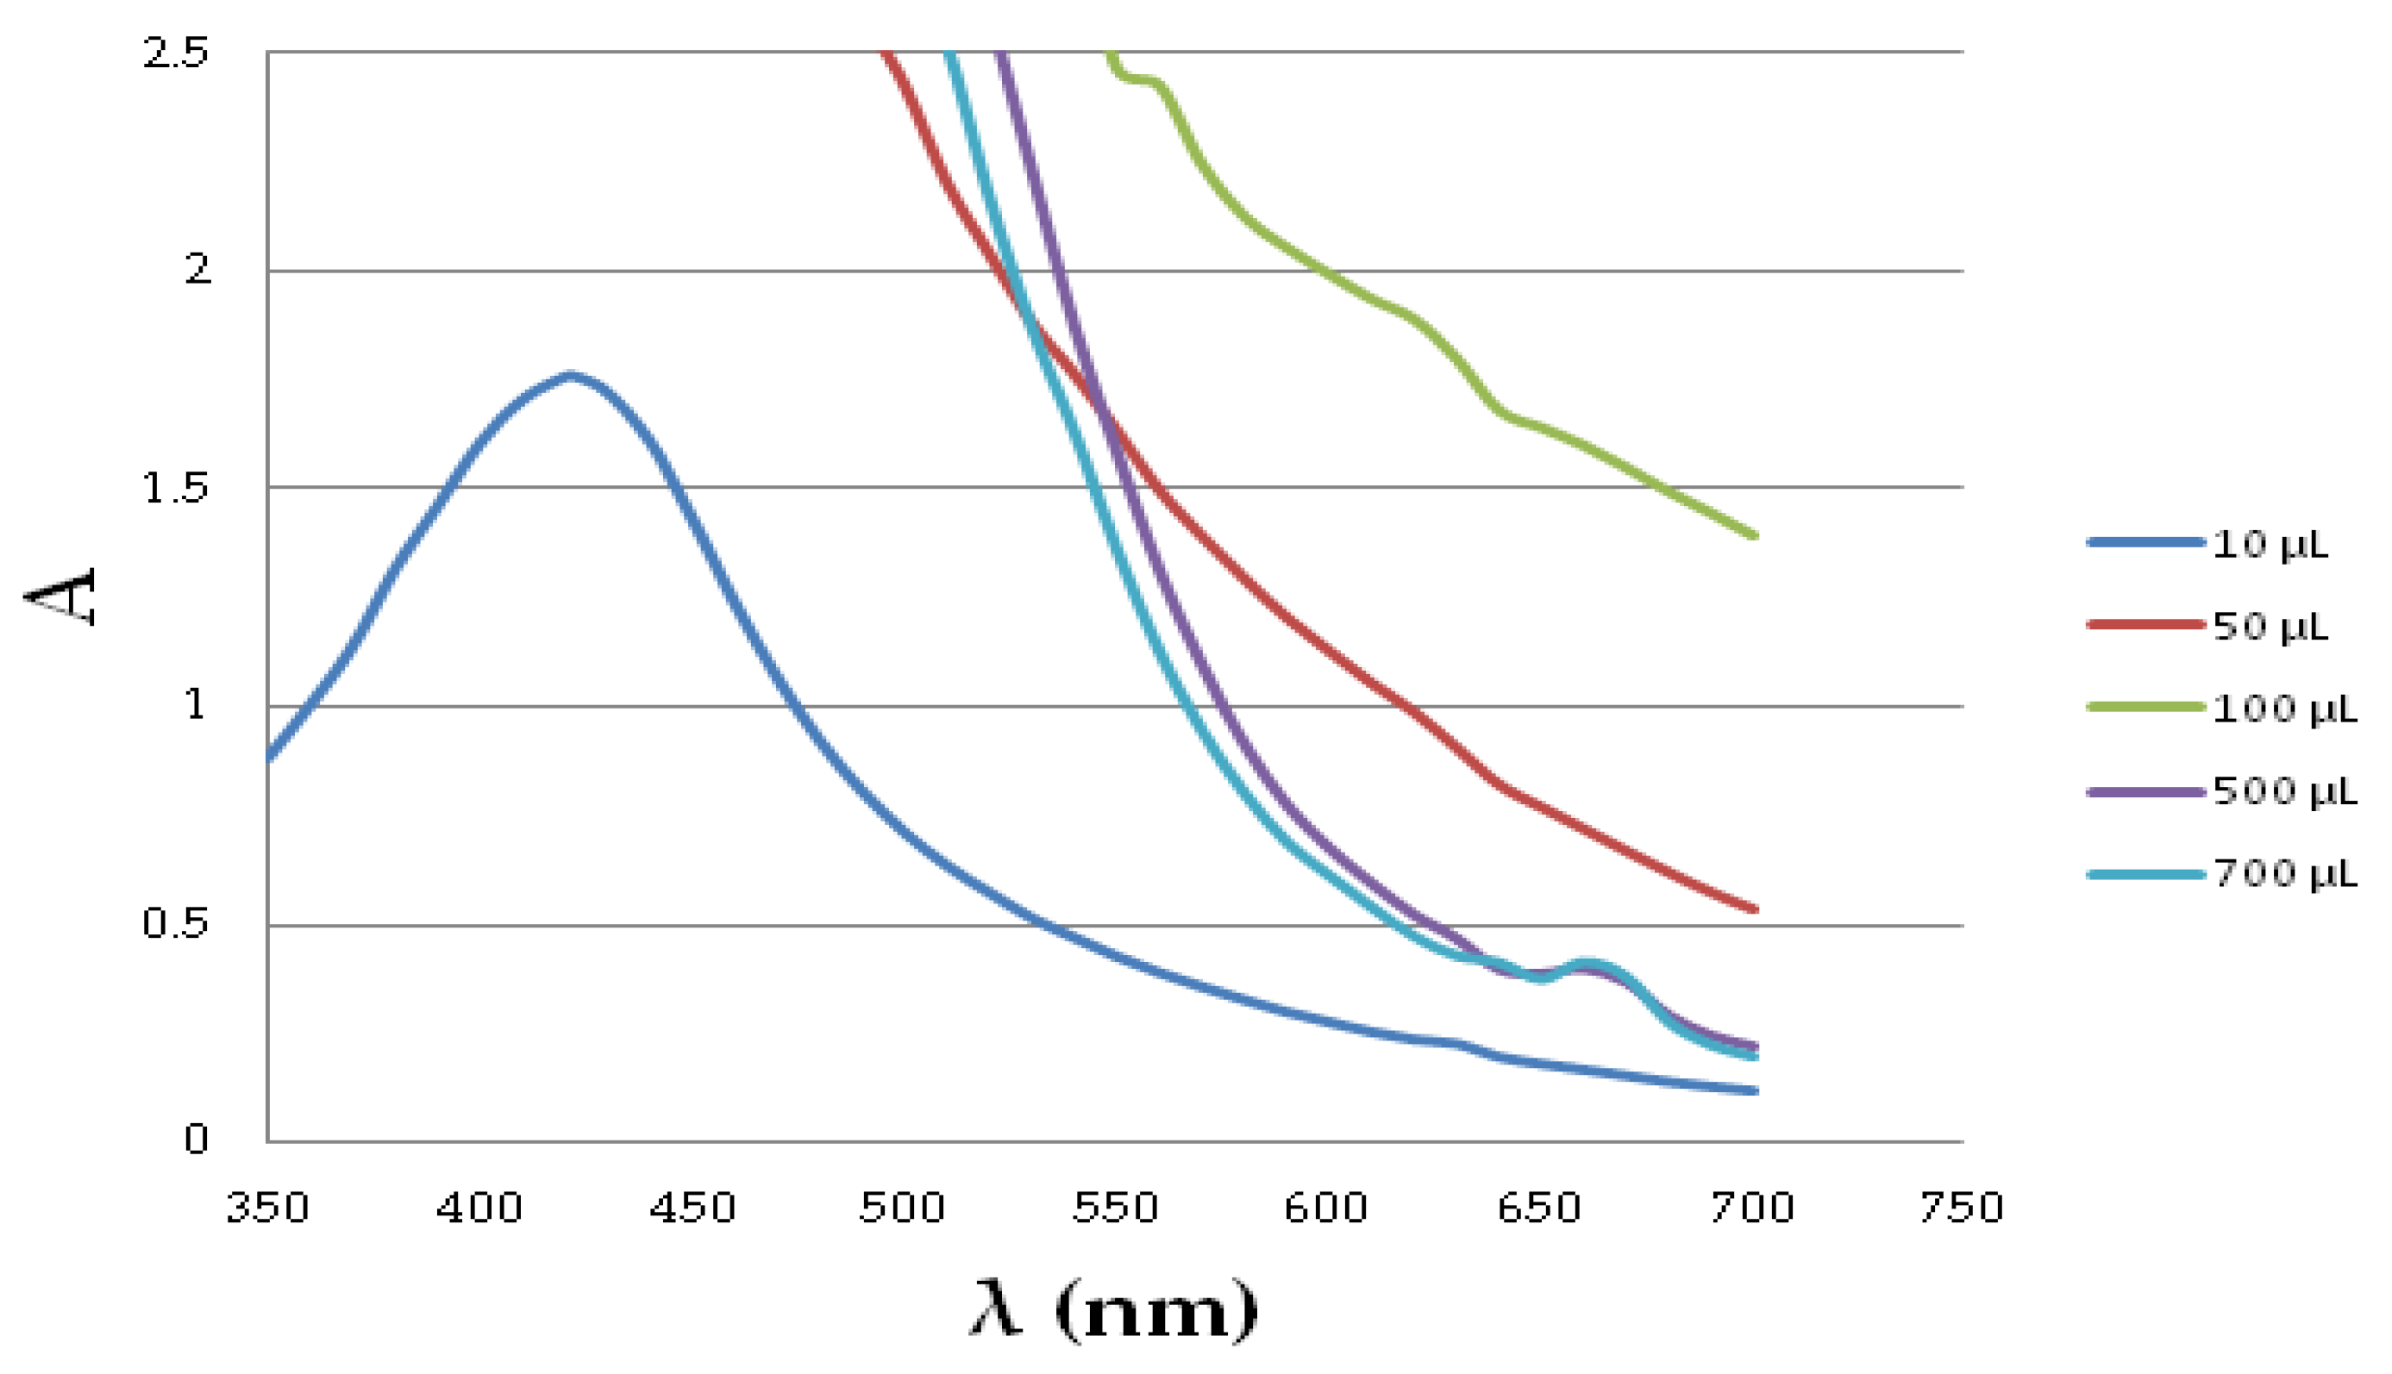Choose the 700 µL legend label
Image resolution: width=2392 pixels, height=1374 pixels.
(x=2284, y=875)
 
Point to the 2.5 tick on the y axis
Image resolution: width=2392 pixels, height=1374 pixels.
(x=176, y=53)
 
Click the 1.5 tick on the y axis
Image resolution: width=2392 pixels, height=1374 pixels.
(x=176, y=489)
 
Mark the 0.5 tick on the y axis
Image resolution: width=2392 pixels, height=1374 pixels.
(x=176, y=924)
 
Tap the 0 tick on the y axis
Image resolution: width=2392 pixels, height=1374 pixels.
(x=196, y=1140)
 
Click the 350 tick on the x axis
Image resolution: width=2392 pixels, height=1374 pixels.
(x=267, y=1208)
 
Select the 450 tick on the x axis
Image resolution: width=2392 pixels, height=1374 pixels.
(x=692, y=1208)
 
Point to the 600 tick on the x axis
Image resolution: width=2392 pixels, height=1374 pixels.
(x=1326, y=1208)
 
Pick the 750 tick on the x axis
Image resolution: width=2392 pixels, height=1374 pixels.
(x=1962, y=1208)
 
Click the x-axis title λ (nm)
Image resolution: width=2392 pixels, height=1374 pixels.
(x=1114, y=1310)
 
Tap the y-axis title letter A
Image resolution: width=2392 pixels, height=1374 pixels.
(x=60, y=596)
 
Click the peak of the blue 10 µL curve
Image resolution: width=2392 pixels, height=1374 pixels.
(x=570, y=376)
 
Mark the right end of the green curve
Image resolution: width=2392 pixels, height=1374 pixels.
(x=1754, y=536)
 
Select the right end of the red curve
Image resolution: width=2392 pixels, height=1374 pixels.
(x=1754, y=909)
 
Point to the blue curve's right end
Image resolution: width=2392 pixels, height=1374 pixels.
(x=1754, y=1091)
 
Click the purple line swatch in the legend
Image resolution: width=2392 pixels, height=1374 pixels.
(x=2145, y=792)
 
